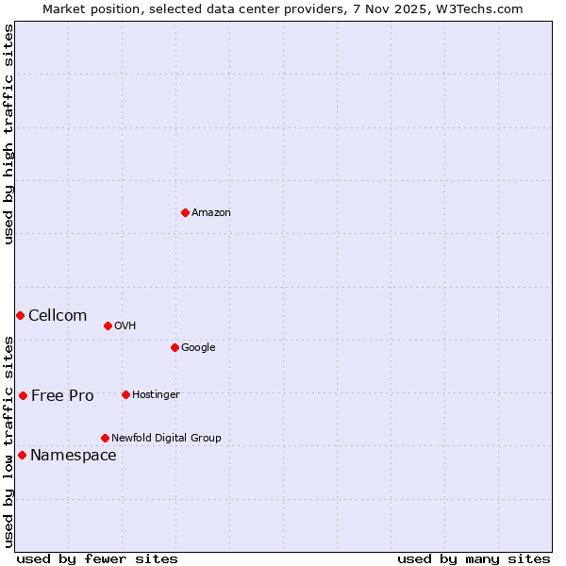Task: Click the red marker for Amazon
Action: pos(185,212)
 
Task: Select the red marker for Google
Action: pos(175,347)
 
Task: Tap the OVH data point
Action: pos(108,325)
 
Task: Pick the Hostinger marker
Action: pos(125,394)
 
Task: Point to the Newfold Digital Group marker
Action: pos(105,438)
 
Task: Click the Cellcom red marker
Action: pos(20,315)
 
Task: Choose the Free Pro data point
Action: pos(23,395)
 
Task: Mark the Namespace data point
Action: pos(22,455)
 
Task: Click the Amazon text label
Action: pos(211,213)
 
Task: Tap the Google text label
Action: pos(198,348)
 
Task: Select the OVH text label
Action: pos(125,326)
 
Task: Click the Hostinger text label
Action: pos(156,395)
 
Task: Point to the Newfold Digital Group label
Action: pos(166,439)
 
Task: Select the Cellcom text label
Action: pos(58,316)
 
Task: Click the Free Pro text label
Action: pos(62,396)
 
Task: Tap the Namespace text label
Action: pos(74,456)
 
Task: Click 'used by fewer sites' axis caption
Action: pos(97,558)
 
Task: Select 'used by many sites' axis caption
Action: pos(474,558)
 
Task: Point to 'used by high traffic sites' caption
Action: pos(8,134)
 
